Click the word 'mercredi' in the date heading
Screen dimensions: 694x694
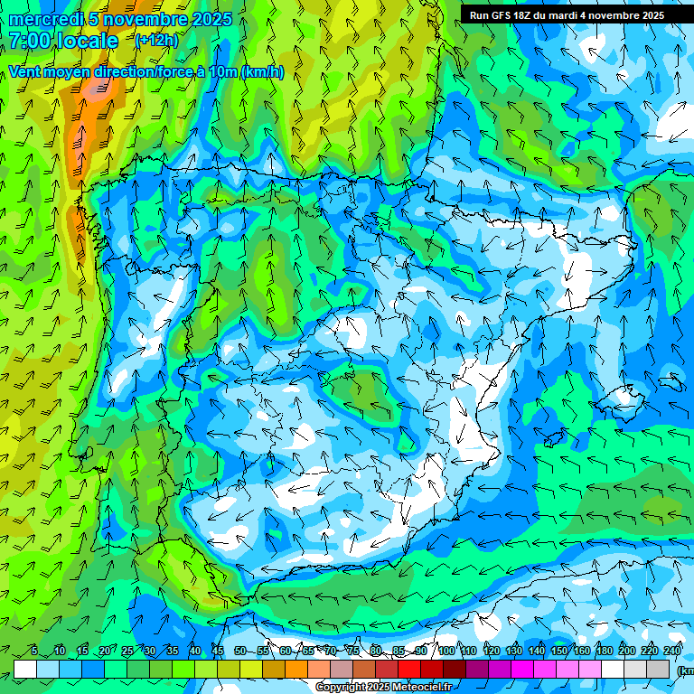pos(46,19)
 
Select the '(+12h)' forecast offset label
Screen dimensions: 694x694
pos(156,40)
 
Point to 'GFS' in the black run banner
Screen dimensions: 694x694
pos(502,15)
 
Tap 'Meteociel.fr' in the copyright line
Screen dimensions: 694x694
pos(415,688)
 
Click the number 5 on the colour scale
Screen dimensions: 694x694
pos(34,651)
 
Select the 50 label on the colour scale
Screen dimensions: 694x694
pos(239,651)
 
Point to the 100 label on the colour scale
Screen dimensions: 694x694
pos(446,651)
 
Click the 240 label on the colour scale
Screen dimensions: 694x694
pos(672,651)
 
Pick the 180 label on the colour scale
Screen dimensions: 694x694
pos(605,651)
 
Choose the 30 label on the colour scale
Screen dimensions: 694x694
pos(149,651)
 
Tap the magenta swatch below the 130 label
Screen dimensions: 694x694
pos(522,669)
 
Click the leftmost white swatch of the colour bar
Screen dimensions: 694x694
pos(25,669)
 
